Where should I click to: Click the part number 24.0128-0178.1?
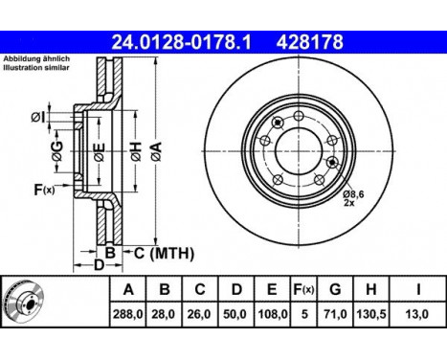point(181,42)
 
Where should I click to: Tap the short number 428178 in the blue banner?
point(309,42)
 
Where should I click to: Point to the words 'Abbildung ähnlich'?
point(36,58)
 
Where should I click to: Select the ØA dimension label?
point(156,151)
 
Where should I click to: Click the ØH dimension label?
point(136,152)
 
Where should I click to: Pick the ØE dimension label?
point(100,152)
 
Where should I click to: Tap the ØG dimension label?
point(57,151)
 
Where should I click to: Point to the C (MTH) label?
point(164,254)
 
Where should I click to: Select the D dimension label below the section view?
point(99,264)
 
